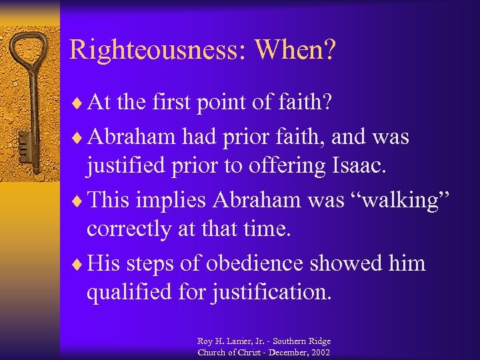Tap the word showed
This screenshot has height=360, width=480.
[x=359, y=263]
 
